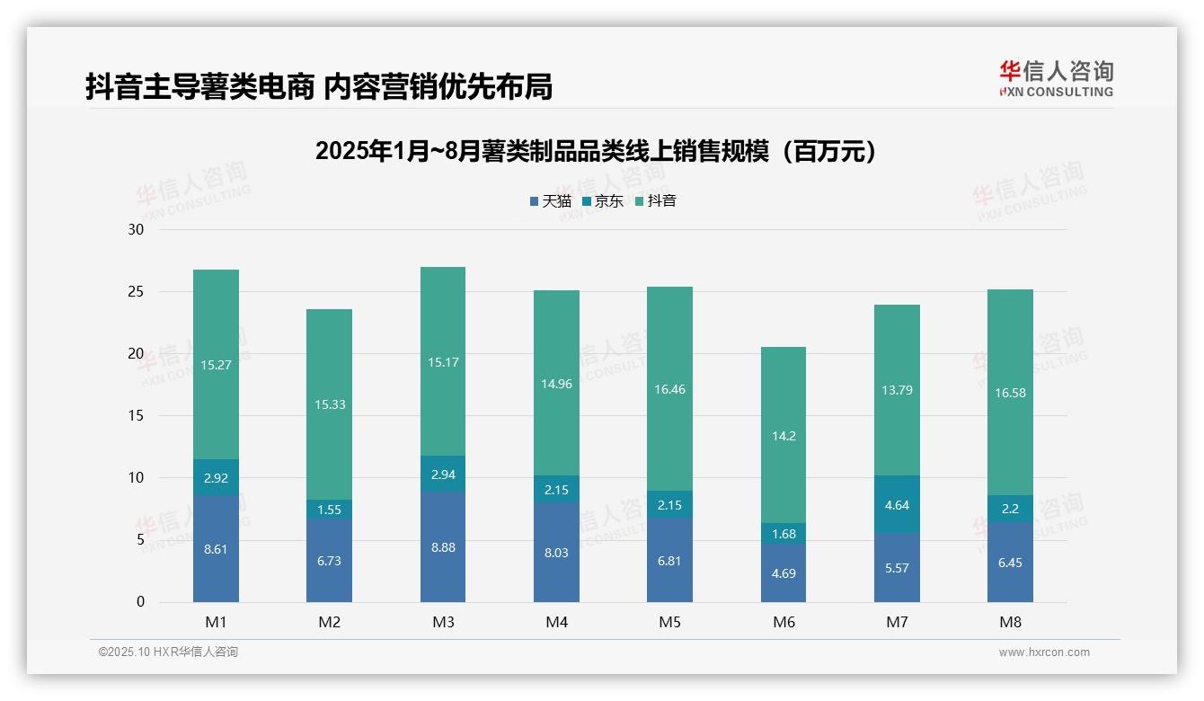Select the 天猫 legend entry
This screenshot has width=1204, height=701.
point(550,201)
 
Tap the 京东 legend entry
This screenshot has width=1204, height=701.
point(603,201)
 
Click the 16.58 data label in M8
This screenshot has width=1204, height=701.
point(1010,392)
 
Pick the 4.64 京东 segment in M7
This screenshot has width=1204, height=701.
point(897,504)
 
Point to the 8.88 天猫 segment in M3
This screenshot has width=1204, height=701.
point(443,546)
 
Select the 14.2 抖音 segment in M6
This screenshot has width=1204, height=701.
point(783,436)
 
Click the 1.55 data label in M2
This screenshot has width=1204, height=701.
point(329,509)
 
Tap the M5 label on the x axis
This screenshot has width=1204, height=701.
point(670,622)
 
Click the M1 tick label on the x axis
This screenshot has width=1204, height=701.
point(216,622)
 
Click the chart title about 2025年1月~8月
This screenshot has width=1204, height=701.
point(596,151)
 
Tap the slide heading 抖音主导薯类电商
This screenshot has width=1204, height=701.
point(318,86)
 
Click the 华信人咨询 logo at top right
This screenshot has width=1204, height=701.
point(1056,78)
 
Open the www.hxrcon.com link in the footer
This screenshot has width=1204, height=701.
point(1044,652)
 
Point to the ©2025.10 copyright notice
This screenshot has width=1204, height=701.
point(168,652)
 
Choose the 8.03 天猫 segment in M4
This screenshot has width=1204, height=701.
point(556,553)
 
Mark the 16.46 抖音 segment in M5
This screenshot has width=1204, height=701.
point(670,389)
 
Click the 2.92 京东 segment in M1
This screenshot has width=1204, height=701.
point(216,478)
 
